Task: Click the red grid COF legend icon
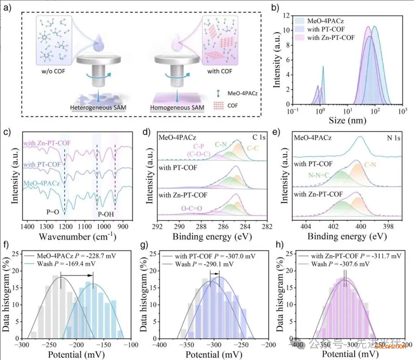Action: pos(217,104)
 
